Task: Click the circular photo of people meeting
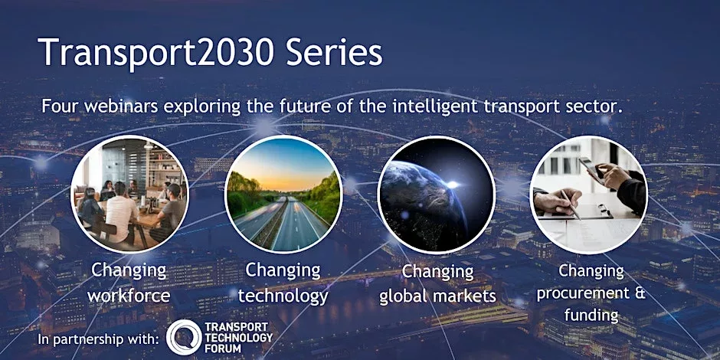129,194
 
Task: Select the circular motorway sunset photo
283,194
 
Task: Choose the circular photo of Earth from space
437,195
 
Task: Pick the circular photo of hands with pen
589,195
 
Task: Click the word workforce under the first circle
129,295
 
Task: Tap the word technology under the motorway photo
283,296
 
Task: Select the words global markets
437,296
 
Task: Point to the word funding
591,316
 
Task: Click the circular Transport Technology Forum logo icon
184,338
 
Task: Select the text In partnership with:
99,340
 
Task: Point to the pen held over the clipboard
570,205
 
